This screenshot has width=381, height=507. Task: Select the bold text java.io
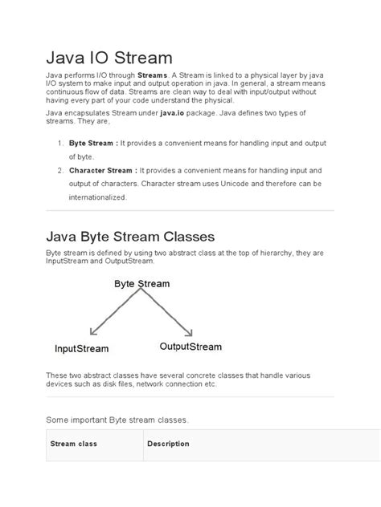(x=199, y=116)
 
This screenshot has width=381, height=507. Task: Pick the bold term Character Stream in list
(x=102, y=170)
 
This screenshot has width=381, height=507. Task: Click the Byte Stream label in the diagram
(x=141, y=284)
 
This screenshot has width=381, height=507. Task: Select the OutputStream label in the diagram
(x=190, y=347)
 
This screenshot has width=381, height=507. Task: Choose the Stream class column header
(x=75, y=444)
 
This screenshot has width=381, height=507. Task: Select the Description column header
(x=168, y=444)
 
